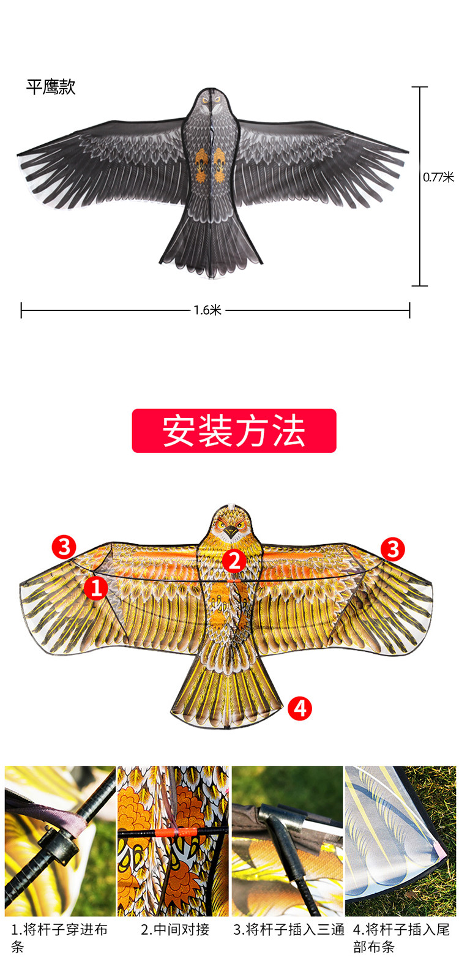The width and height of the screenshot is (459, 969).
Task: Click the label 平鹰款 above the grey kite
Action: pos(51,87)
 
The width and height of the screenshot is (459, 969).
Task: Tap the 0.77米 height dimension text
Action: pos(438,178)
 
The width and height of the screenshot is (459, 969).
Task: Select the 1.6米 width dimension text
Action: pos(207,310)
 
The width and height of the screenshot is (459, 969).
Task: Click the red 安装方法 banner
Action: pos(234,431)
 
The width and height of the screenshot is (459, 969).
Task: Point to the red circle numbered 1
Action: pos(95,588)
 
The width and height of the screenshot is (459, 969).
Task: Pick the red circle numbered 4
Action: pos(299,708)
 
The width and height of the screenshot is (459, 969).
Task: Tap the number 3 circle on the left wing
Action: pos(64,546)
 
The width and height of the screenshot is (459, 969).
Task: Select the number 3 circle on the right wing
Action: pos(393,549)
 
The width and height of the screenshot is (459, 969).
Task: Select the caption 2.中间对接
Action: pos(175,930)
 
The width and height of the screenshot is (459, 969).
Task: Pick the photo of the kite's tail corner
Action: pos(400,841)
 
